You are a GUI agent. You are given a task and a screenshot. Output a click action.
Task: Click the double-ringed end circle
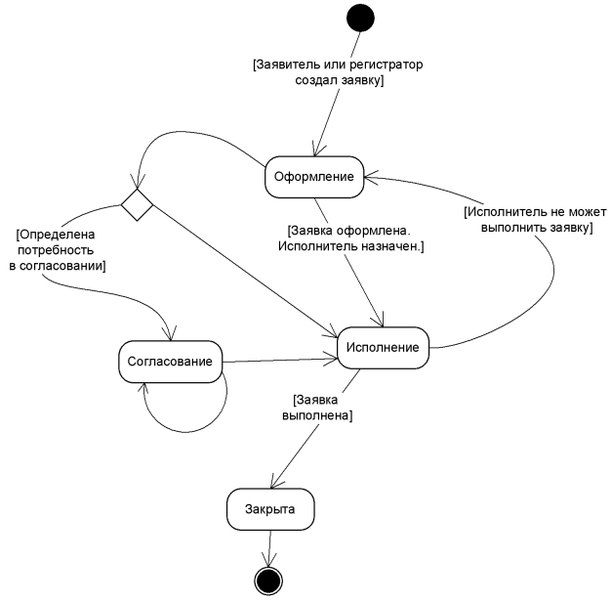[267, 580]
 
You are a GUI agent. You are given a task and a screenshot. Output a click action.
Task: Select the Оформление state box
[314, 176]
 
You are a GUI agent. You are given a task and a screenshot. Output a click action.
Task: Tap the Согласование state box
[170, 361]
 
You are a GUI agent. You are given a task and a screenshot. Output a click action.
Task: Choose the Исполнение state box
[383, 347]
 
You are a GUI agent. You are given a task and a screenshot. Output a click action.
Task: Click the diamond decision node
[137, 204]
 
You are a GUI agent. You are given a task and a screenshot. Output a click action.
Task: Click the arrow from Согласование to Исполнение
[279, 360]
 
